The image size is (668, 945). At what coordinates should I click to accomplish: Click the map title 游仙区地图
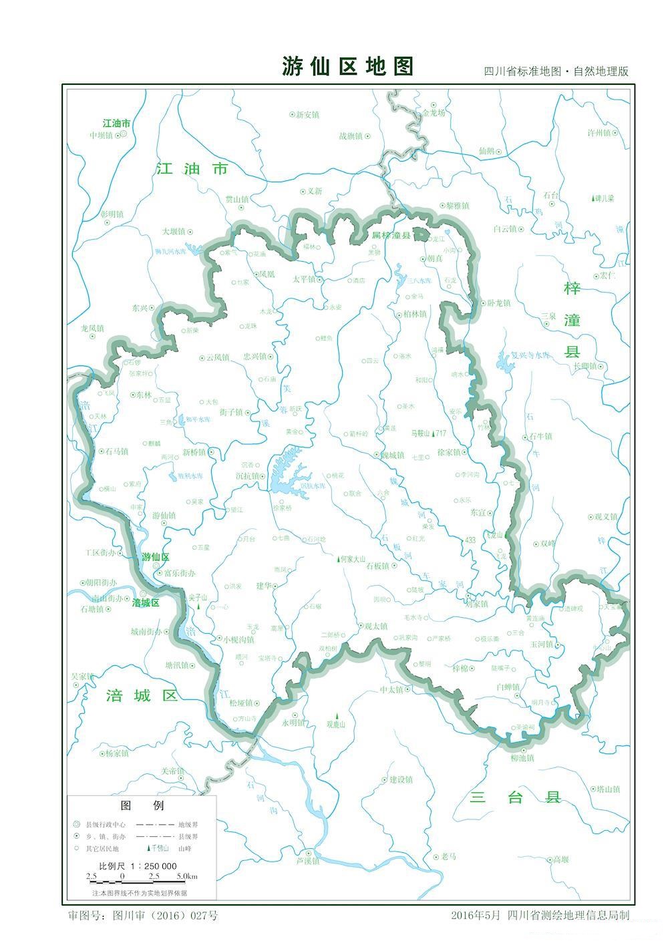tap(347, 66)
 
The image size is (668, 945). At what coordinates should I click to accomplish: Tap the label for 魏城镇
tap(391, 455)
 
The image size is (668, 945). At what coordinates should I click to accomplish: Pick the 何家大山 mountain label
tap(352, 559)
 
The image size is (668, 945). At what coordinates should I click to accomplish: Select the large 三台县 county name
tap(514, 797)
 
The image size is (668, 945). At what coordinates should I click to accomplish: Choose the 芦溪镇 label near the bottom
tap(308, 862)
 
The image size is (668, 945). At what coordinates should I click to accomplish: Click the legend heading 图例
tap(141, 805)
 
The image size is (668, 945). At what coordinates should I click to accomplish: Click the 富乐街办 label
tap(179, 573)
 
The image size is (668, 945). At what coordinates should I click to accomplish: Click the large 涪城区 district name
tap(142, 696)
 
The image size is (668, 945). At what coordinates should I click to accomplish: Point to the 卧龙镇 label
tap(498, 303)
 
